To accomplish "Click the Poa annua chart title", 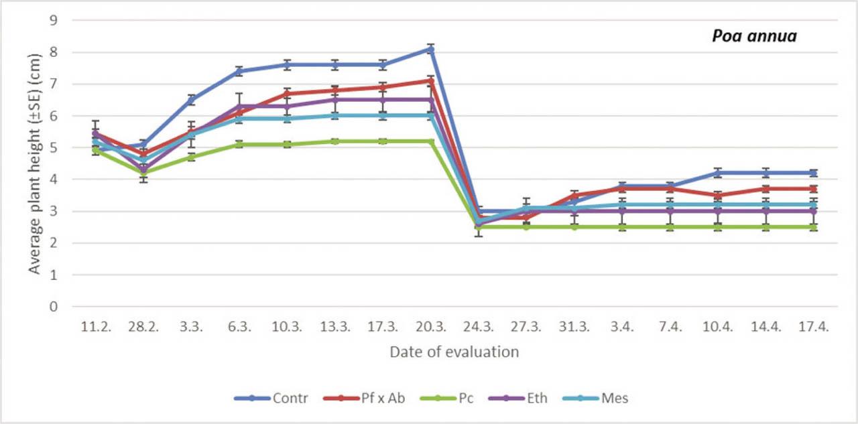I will tap(754, 36).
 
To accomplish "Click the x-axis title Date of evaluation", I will tap(454, 352).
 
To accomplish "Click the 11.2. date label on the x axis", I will tap(95, 326).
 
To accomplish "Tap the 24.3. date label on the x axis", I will tap(479, 326).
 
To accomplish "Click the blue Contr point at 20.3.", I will tap(431, 49).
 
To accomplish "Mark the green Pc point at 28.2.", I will tap(143, 173).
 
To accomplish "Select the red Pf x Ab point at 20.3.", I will tap(431, 81).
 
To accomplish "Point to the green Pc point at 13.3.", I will tap(335, 141).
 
